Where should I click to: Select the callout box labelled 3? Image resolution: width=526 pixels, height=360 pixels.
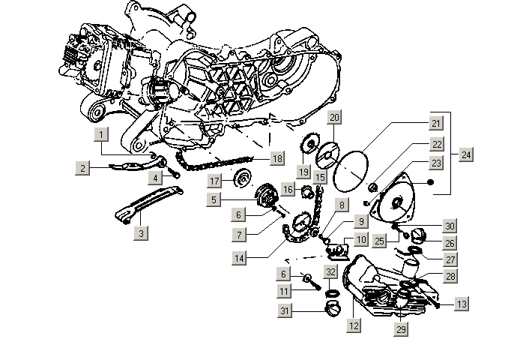[140, 233]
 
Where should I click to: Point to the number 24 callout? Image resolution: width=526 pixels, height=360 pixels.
[467, 155]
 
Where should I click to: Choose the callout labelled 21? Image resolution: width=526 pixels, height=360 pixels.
[435, 123]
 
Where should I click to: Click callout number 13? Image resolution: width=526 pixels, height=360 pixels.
[462, 304]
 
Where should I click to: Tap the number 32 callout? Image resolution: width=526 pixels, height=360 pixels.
[330, 271]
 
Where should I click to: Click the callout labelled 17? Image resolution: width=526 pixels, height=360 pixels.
[215, 181]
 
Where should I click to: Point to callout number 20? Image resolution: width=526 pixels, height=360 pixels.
[335, 118]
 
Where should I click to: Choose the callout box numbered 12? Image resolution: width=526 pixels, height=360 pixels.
[353, 326]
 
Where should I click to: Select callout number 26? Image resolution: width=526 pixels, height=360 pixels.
[450, 243]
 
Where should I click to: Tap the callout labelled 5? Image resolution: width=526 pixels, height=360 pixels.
[215, 199]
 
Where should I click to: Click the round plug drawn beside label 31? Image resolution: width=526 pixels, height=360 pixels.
[333, 309]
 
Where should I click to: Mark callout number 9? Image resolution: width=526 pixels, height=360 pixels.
[361, 221]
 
